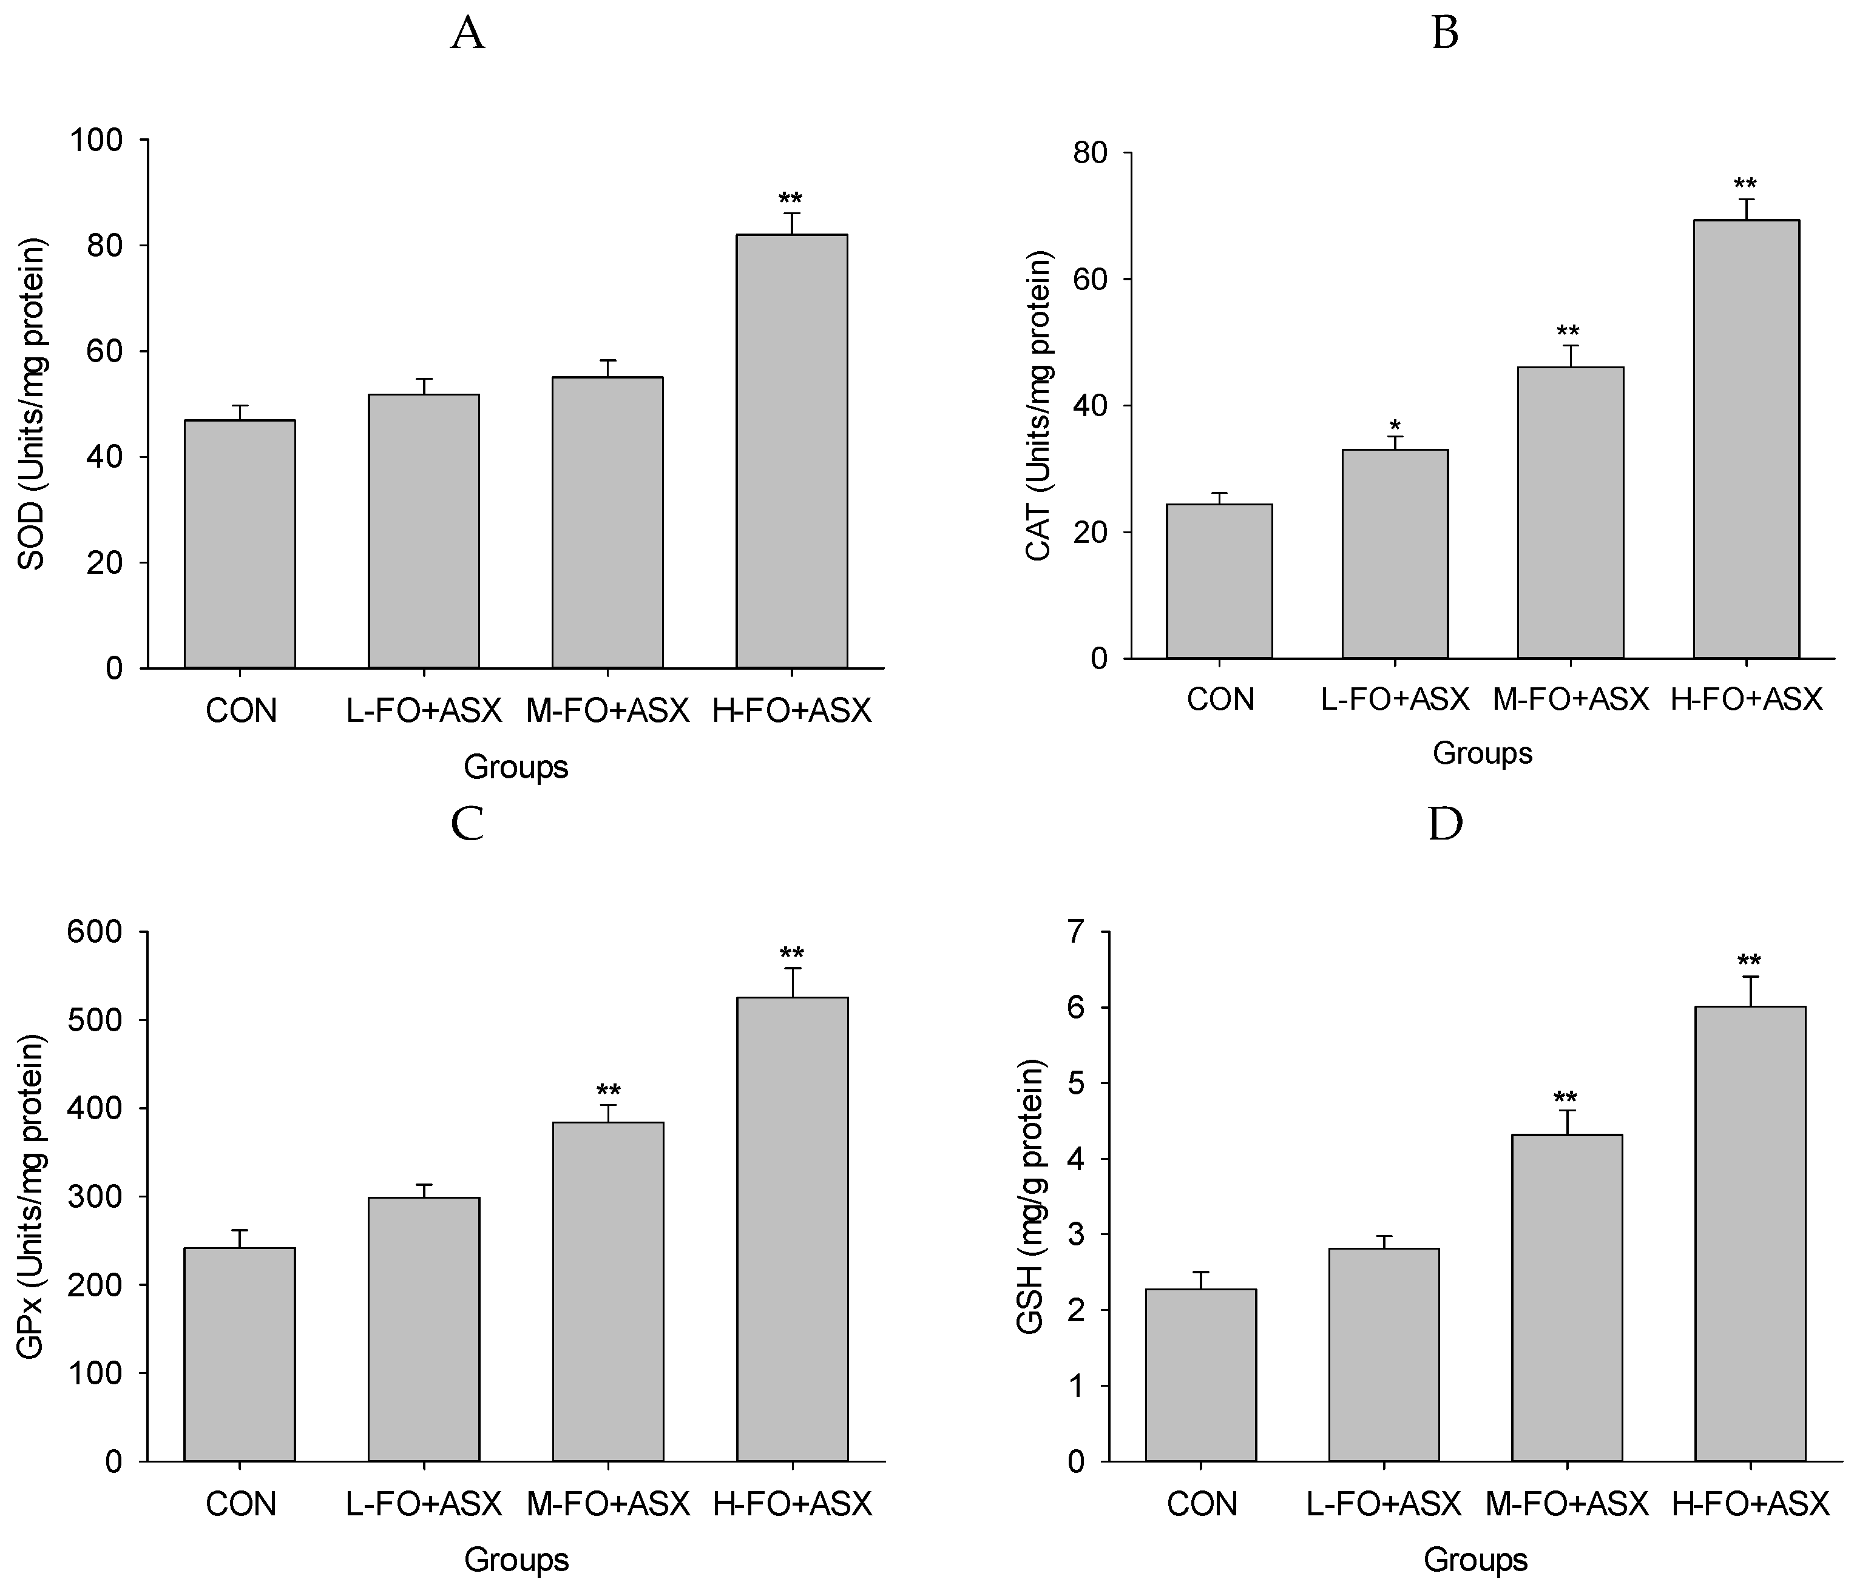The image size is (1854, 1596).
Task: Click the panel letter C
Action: tap(467, 824)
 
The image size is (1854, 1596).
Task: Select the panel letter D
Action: tap(1444, 824)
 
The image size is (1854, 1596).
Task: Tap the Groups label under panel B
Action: tap(1482, 753)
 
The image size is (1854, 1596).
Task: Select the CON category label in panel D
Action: tap(1201, 1504)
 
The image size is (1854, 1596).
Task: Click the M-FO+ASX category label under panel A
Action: tap(607, 711)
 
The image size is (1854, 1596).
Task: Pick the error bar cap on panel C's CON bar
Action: tap(240, 1230)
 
